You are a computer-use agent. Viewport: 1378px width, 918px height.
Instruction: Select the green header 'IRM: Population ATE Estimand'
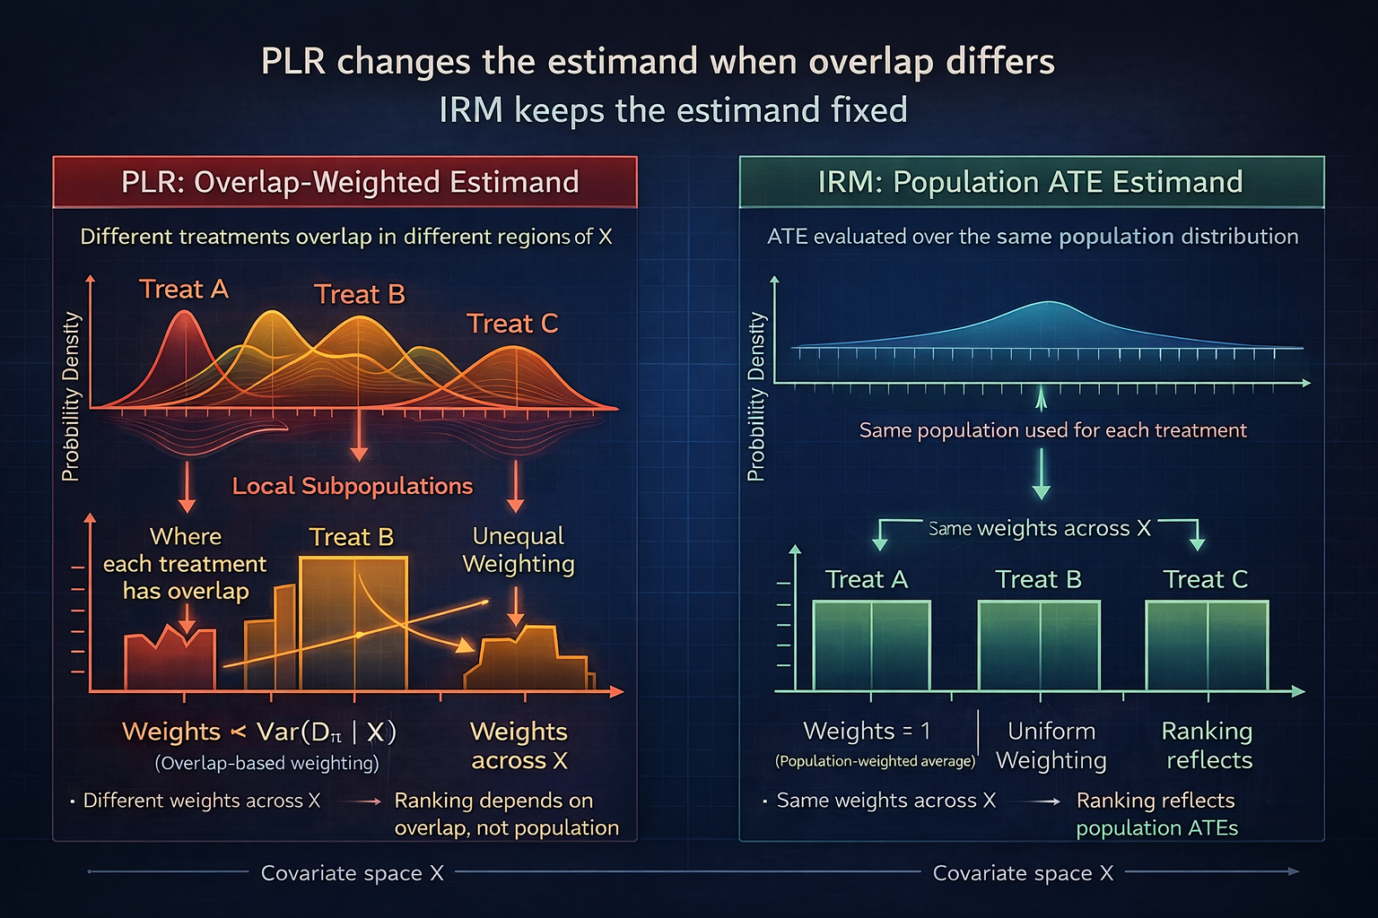(1031, 182)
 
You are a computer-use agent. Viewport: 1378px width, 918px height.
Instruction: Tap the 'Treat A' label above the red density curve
(184, 290)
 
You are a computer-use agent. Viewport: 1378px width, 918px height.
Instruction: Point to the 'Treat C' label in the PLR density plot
(512, 324)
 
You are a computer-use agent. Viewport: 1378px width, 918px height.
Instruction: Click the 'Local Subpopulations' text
(352, 486)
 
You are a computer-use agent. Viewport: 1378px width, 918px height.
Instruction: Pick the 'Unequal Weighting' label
(518, 550)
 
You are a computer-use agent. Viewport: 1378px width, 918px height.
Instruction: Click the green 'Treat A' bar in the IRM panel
(871, 645)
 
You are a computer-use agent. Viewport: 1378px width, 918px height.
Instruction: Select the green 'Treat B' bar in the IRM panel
(1039, 645)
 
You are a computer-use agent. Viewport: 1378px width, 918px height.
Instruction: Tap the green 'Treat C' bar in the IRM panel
(1207, 645)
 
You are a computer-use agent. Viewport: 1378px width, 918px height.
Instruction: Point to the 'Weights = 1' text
(867, 731)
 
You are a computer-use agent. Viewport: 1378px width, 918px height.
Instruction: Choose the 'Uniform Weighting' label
(1051, 745)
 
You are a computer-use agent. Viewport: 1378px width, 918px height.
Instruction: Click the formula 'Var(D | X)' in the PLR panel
(327, 732)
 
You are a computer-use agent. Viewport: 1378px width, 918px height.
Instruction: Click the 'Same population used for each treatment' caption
(1052, 430)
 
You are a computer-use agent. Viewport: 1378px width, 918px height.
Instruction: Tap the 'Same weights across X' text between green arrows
(1039, 528)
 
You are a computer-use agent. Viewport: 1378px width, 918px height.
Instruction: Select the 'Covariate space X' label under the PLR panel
(352, 873)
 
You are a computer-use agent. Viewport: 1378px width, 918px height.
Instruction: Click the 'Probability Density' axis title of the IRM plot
(756, 396)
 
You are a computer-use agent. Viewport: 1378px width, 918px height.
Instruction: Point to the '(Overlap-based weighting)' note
(266, 763)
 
